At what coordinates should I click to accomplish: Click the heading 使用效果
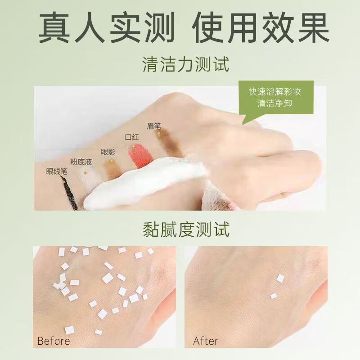(x=261, y=27)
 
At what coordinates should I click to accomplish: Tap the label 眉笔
(x=154, y=126)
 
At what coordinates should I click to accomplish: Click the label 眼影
(x=108, y=152)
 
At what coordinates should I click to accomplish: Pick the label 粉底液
(x=81, y=162)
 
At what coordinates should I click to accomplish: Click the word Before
(x=54, y=341)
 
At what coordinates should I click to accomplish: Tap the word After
(x=206, y=341)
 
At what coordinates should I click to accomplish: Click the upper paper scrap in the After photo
(x=280, y=279)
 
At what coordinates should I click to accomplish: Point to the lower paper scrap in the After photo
(x=273, y=296)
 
